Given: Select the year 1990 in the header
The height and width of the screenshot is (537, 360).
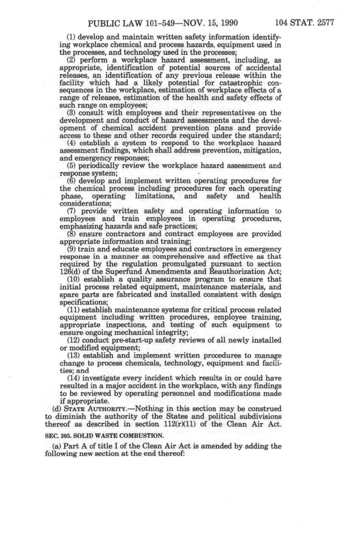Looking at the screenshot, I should (x=227, y=23).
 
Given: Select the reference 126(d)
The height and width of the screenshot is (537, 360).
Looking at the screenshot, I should (x=69, y=272).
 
